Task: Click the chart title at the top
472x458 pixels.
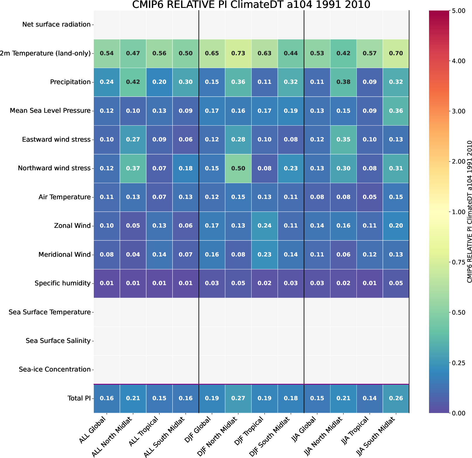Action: (x=251, y=5)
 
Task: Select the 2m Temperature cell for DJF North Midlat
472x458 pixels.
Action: (x=238, y=53)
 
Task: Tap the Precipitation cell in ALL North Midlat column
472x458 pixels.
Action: (x=133, y=82)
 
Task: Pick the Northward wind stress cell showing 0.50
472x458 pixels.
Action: (x=238, y=168)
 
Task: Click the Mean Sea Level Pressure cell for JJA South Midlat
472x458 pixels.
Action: (x=396, y=111)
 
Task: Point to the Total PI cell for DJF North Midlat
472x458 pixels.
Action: (x=238, y=398)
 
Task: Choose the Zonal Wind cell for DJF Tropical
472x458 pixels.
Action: (x=264, y=226)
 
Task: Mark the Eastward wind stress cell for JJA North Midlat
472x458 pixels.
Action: (x=343, y=140)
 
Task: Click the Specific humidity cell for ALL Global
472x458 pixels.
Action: (x=107, y=283)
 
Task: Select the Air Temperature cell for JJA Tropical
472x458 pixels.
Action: (x=370, y=197)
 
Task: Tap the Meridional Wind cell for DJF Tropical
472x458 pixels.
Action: (x=264, y=255)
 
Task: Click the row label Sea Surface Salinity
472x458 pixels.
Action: (x=58, y=341)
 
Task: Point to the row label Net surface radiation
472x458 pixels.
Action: (x=56, y=25)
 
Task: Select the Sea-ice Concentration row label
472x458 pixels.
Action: (x=55, y=369)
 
